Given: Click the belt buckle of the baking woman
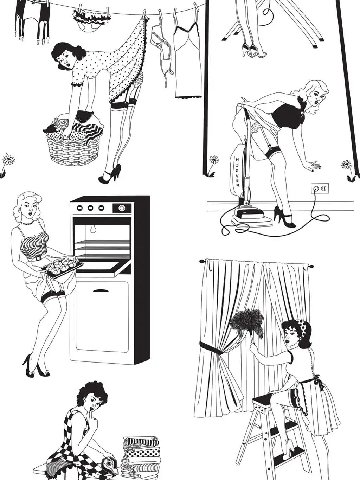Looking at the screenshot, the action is pos(38,258).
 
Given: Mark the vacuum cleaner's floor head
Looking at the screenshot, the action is pos(252,217).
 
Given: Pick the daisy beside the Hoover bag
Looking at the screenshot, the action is pos(214,160).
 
